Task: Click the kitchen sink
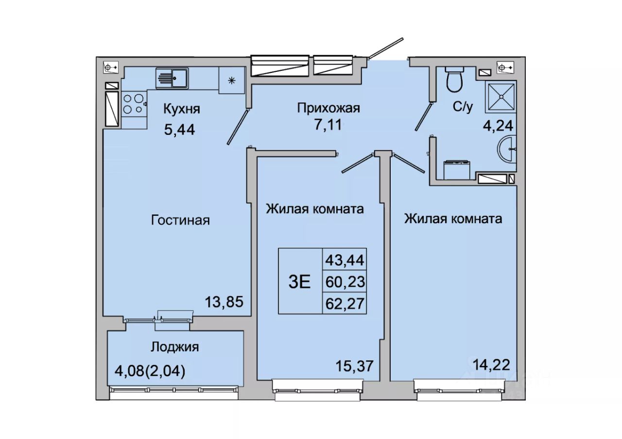[172, 78]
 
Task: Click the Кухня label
[182, 109]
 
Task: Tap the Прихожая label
[328, 108]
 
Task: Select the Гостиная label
[180, 221]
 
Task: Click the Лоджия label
[174, 347]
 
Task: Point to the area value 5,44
[180, 130]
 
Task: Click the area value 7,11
[328, 125]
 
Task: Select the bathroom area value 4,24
[498, 126]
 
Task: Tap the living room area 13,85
[224, 302]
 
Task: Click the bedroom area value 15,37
[354, 366]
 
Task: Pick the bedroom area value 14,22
[491, 365]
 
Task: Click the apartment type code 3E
[299, 282]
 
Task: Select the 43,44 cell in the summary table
[345, 260]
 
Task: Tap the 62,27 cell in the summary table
[345, 304]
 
